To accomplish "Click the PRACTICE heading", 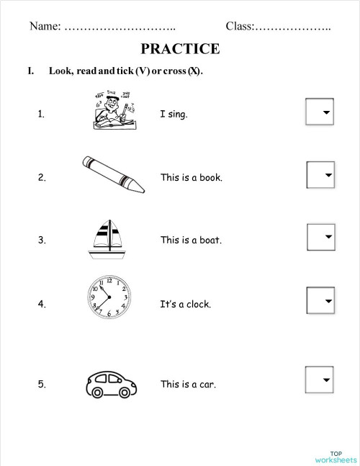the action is tap(180, 49).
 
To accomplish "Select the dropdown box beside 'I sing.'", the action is tap(320, 112).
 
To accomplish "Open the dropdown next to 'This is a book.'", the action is tap(320, 175).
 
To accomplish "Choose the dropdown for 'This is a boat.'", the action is tap(320, 236).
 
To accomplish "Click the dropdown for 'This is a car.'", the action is tap(320, 379).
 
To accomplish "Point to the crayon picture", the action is tap(112, 174).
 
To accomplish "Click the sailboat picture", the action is tap(107, 238).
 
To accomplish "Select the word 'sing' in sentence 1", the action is tap(176, 114).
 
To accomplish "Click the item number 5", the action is tap(42, 384).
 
